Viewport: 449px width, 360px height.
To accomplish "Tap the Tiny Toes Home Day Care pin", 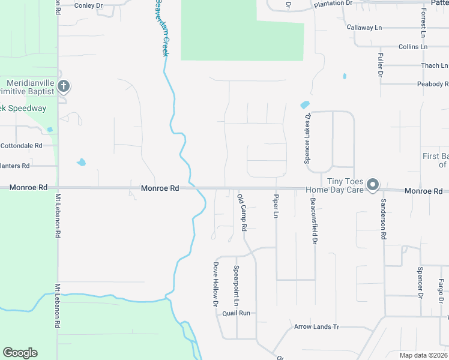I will click(373, 185).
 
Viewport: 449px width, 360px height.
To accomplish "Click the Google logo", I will click(20, 353).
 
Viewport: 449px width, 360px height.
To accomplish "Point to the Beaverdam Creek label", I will click(160, 27).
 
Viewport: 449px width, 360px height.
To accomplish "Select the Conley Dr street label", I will click(89, 5).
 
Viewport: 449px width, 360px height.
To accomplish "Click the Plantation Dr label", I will click(333, 4).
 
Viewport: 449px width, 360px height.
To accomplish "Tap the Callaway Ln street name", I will click(364, 28).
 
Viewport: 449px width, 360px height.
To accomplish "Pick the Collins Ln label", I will click(413, 47).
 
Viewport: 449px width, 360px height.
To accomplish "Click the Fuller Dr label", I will click(380, 65).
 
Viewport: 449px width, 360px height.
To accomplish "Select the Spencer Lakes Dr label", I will click(307, 139).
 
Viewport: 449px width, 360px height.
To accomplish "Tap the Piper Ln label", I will click(276, 206).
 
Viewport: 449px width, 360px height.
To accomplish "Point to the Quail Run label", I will click(236, 313).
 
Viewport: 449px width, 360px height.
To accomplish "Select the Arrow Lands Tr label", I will click(316, 327).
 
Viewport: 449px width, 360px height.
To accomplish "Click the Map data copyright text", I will click(423, 355).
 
